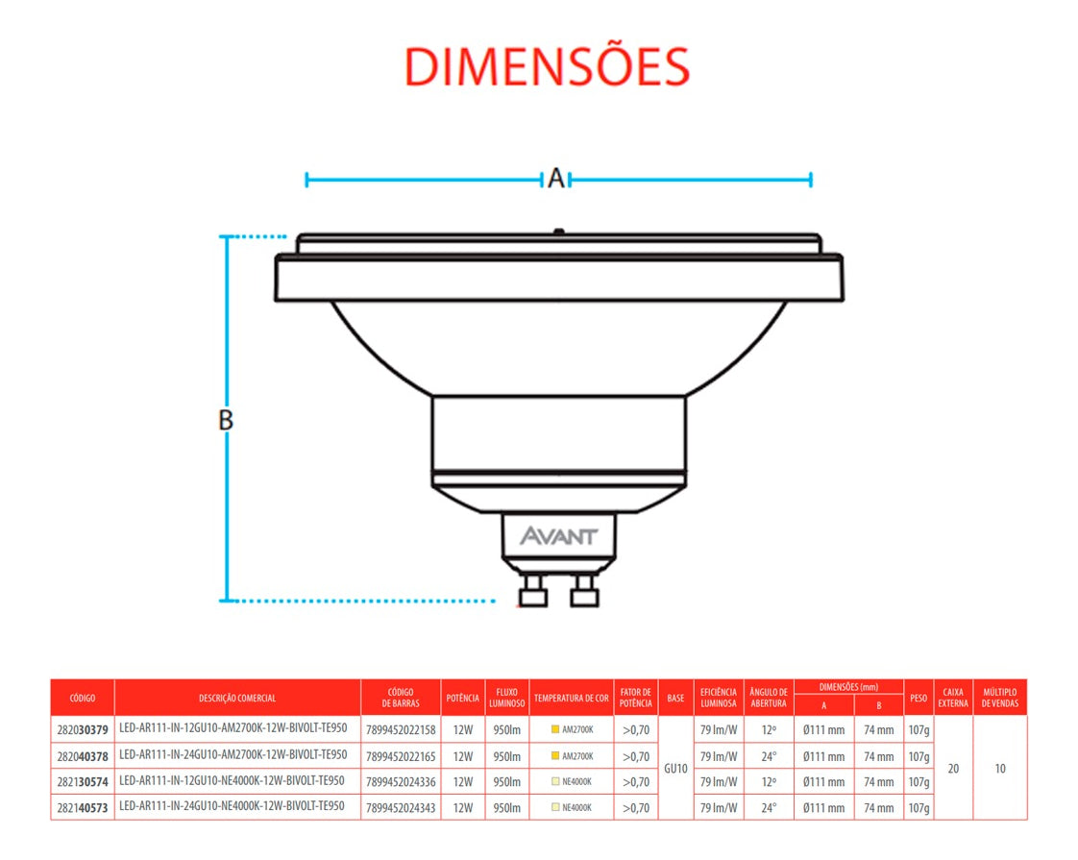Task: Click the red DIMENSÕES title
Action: point(547,67)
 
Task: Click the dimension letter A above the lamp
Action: point(556,179)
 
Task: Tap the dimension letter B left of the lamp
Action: point(226,420)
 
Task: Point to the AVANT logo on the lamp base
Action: point(559,535)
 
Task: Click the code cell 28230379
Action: point(83,730)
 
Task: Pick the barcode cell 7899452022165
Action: point(401,756)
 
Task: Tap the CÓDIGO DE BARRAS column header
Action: point(401,698)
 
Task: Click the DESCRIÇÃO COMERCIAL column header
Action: point(237,698)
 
